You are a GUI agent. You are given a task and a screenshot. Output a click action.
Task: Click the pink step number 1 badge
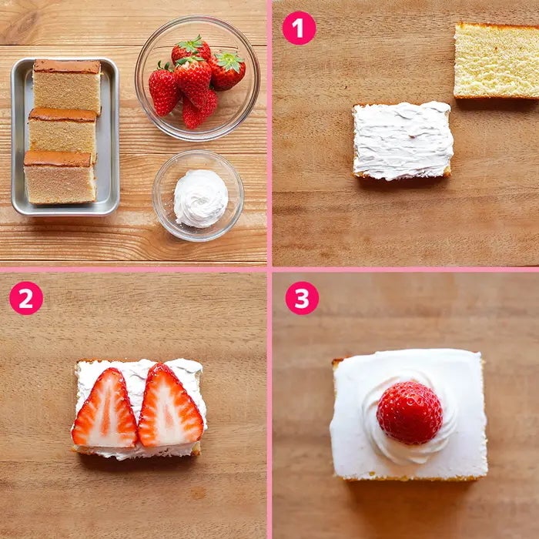point(299,28)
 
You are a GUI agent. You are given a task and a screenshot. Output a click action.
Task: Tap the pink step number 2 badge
point(26,298)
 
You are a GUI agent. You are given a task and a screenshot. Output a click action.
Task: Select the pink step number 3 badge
point(302,298)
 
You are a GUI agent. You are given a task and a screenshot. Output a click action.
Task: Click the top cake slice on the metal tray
point(67,86)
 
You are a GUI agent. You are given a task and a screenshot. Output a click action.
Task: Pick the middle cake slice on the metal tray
point(62,133)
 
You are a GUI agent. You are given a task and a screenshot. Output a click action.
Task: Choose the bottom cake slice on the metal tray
point(59,177)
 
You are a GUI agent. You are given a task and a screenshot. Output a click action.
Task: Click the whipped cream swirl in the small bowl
point(201,199)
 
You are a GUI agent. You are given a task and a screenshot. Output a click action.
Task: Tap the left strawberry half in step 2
point(105,410)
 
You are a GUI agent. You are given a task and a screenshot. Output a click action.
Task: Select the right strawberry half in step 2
point(170,406)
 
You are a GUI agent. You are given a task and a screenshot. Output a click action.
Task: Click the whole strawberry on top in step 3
point(410,413)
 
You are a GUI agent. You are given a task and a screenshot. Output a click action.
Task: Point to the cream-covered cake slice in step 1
point(403,140)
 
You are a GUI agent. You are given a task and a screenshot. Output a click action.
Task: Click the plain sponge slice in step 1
point(497,61)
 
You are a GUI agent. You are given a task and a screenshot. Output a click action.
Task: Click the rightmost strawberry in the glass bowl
point(227,71)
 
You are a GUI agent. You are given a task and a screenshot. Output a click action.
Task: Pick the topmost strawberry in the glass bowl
point(191,50)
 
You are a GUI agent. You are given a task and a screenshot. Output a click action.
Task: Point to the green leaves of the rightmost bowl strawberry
point(229,61)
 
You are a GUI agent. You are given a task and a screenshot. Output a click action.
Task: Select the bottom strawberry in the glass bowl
point(199,110)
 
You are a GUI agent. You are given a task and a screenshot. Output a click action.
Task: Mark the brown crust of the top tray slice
point(67,66)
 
